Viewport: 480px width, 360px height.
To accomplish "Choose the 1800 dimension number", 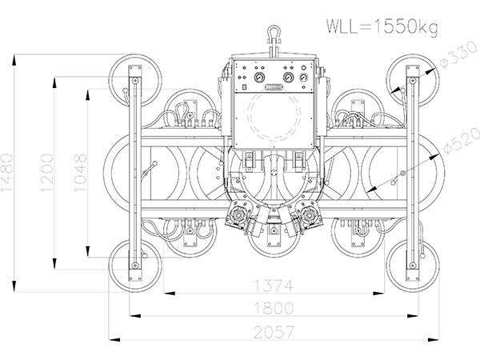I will pyautogui.click(x=273, y=308).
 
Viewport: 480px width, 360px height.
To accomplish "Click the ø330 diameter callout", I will pyautogui.click(x=456, y=60).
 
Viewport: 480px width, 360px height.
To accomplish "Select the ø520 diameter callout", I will pyautogui.click(x=458, y=144).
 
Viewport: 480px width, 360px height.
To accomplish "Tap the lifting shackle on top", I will pyautogui.click(x=274, y=34).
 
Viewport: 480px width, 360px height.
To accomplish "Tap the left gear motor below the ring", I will pyautogui.click(x=241, y=217).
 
